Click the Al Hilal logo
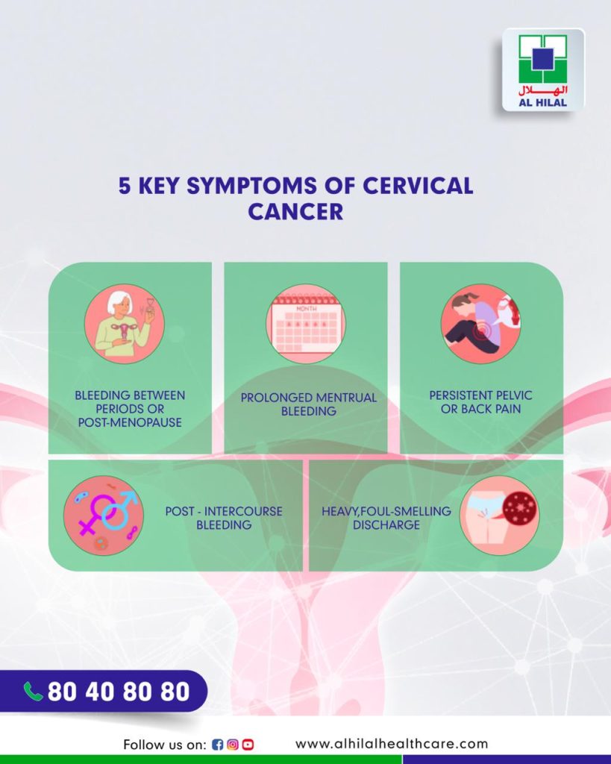point(543,69)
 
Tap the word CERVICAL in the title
point(418,186)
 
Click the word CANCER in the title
point(295,211)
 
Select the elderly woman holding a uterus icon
point(125,324)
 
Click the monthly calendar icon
point(306,324)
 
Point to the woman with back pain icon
point(481,324)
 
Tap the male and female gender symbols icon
point(103,516)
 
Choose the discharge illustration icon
point(499,516)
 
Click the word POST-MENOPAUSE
point(130,422)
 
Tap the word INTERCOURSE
point(243,511)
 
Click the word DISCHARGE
point(386,525)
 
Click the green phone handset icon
point(34,692)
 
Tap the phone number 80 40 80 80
point(119,692)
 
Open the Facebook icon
point(217,745)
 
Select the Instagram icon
point(233,745)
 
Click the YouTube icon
point(248,745)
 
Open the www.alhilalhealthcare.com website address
point(392,744)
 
